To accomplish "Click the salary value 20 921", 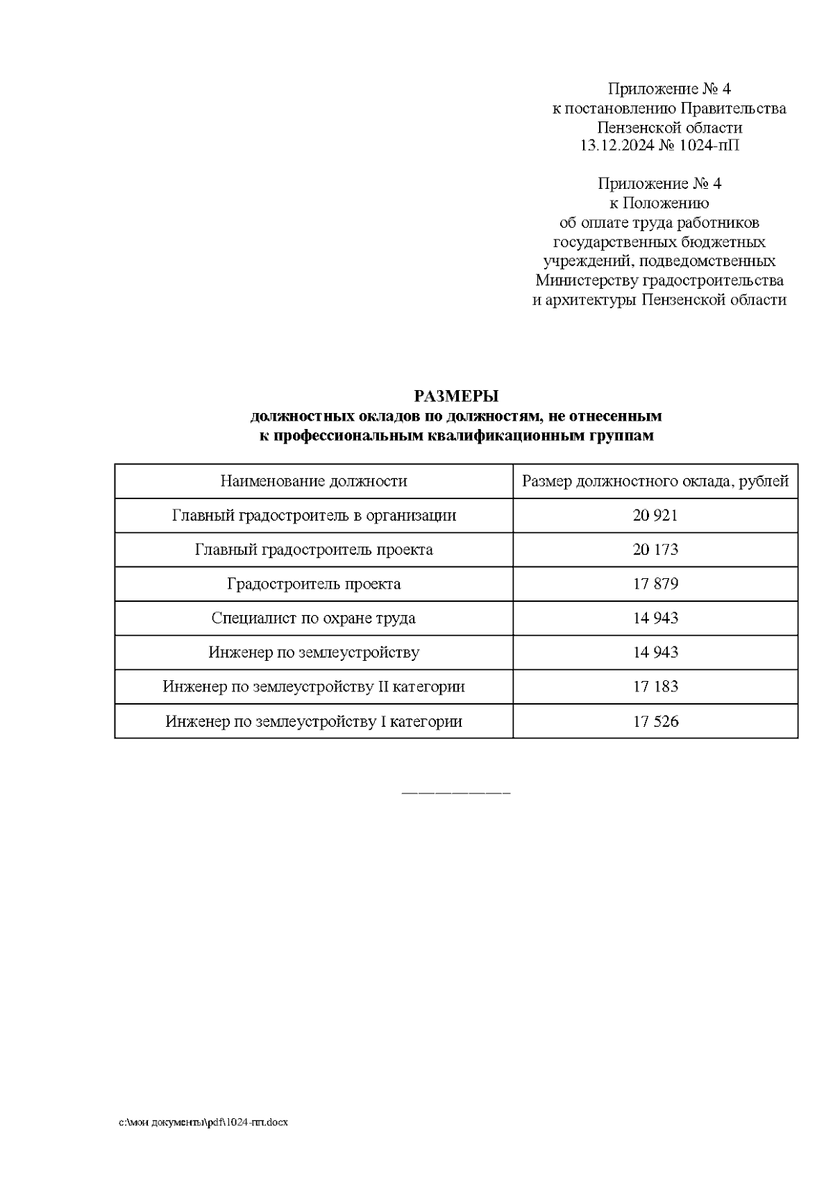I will point(655,516).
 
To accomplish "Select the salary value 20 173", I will point(655,550).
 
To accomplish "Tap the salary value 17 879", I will point(655,584).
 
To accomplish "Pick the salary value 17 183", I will point(655,687).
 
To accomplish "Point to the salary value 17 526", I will point(655,721).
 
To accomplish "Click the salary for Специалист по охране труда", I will point(655,618).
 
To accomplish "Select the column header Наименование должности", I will point(314,481).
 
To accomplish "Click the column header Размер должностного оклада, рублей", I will point(655,481).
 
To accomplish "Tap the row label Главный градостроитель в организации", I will point(314,516).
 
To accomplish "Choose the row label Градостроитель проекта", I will point(314,584).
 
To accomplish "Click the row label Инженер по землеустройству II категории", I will point(314,687).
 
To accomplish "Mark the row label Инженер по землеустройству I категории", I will point(314,721).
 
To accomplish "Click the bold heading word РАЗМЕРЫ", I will point(456,396).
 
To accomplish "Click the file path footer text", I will point(203,1122).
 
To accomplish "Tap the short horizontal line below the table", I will point(456,792).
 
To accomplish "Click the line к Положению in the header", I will point(659,203).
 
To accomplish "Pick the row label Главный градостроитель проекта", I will point(314,550).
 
